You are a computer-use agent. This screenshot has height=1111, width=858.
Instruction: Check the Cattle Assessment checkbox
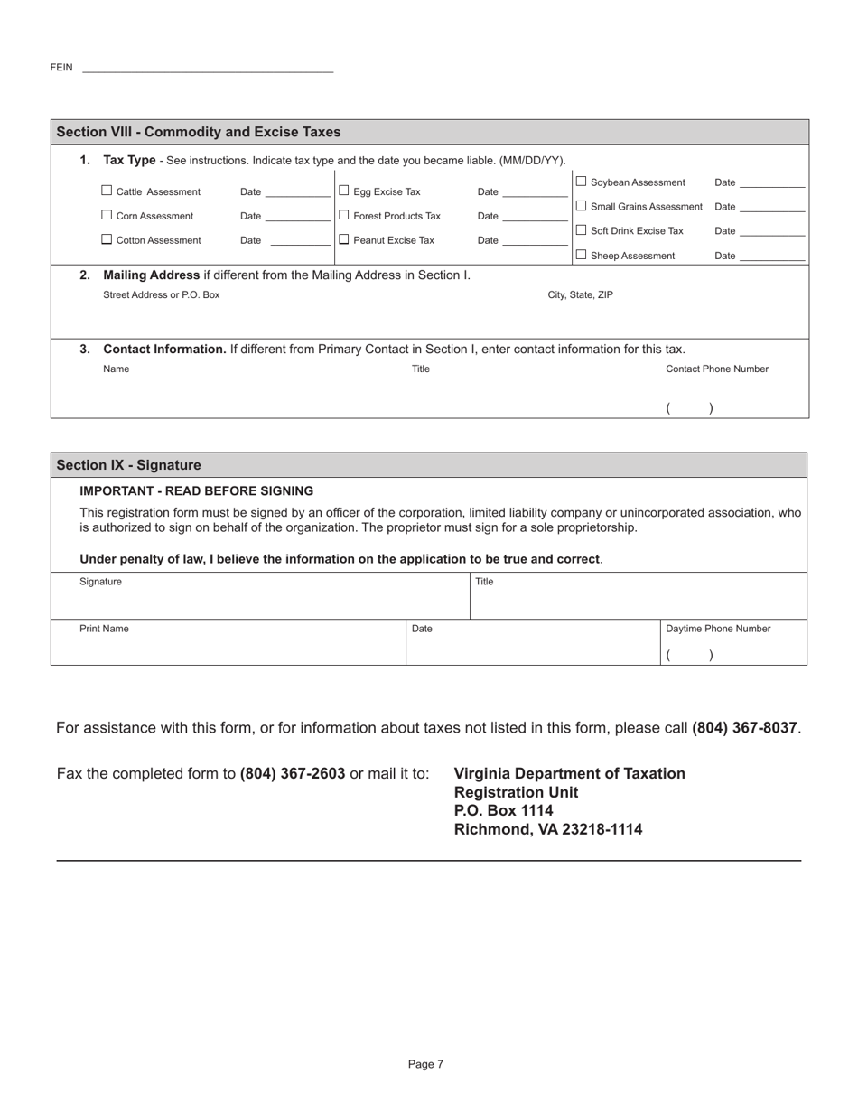click(107, 191)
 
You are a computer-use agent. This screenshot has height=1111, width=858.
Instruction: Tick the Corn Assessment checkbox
click(107, 216)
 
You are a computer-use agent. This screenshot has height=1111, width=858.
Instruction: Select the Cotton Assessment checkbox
click(107, 240)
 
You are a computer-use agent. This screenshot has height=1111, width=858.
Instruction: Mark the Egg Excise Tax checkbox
click(343, 191)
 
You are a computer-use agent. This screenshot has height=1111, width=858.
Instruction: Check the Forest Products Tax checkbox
click(343, 216)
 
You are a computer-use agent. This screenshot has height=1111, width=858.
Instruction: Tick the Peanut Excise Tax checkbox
click(343, 240)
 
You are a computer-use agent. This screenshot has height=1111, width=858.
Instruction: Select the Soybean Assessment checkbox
click(581, 182)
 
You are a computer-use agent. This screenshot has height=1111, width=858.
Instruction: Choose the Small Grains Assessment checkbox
click(581, 207)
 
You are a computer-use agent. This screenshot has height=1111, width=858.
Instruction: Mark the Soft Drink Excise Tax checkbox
click(581, 231)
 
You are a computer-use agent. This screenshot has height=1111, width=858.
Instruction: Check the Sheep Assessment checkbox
click(581, 256)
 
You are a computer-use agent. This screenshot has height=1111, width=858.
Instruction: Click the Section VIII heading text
click(199, 132)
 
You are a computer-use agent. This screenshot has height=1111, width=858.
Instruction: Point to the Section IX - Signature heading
click(128, 465)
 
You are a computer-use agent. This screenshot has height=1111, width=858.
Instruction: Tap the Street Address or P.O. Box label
click(162, 294)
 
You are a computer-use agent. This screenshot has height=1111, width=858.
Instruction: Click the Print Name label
click(104, 629)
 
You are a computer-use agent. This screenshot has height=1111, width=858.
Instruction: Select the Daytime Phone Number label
click(718, 629)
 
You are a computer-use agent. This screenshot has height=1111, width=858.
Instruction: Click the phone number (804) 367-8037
click(744, 728)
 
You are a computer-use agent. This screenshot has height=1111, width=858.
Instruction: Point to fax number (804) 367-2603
click(293, 774)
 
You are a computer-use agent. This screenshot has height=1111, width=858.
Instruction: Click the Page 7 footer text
click(425, 1065)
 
